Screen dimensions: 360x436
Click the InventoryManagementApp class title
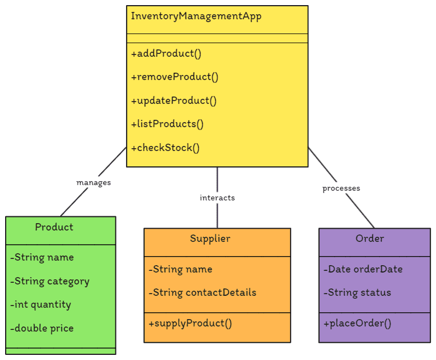click(x=196, y=16)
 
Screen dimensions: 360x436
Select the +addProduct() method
click(x=166, y=54)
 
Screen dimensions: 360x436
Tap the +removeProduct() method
click(x=174, y=77)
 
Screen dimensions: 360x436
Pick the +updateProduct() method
click(x=174, y=101)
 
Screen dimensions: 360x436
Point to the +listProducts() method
click(x=167, y=124)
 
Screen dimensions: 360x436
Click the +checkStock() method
click(x=165, y=148)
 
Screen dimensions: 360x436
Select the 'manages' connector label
click(x=94, y=183)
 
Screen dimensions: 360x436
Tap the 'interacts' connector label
click(x=217, y=198)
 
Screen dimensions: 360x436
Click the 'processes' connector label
click(x=341, y=188)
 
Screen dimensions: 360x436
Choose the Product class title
click(x=54, y=227)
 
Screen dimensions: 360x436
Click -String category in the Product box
click(x=49, y=281)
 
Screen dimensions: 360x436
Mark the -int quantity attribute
click(x=40, y=304)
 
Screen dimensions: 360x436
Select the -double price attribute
click(x=41, y=328)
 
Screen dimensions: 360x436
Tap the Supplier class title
click(x=210, y=238)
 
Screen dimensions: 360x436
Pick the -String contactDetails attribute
click(x=202, y=292)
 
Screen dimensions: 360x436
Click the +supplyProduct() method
click(x=190, y=323)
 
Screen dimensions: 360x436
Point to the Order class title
click(x=370, y=238)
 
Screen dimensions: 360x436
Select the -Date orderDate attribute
click(x=363, y=269)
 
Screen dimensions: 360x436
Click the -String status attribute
click(x=357, y=292)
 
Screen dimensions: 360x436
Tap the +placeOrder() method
click(x=357, y=323)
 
